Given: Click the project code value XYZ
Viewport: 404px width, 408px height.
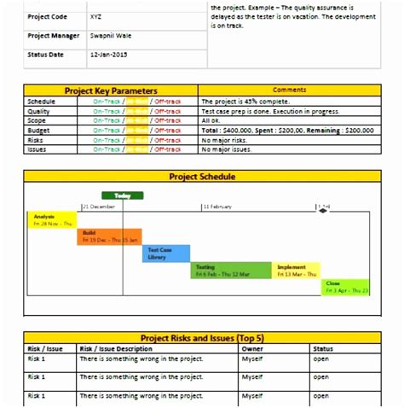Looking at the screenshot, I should tap(94, 16).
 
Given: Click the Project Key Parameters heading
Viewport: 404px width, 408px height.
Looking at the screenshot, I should tap(111, 90).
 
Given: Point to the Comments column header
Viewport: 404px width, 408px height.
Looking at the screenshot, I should tap(289, 90).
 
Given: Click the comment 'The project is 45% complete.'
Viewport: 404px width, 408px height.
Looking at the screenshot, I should tap(240, 100).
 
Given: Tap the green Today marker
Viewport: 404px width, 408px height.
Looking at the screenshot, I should tap(123, 196).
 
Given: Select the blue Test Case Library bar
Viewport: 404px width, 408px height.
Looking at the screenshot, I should tap(165, 253).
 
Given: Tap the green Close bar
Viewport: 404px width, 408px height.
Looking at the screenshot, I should tap(345, 287).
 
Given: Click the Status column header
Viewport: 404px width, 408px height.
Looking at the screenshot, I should tap(323, 348).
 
